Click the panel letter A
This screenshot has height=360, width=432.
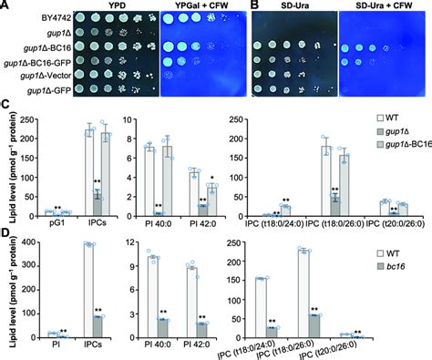point(6,5)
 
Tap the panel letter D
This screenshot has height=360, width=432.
point(6,236)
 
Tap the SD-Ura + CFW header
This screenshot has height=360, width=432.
point(378,5)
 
